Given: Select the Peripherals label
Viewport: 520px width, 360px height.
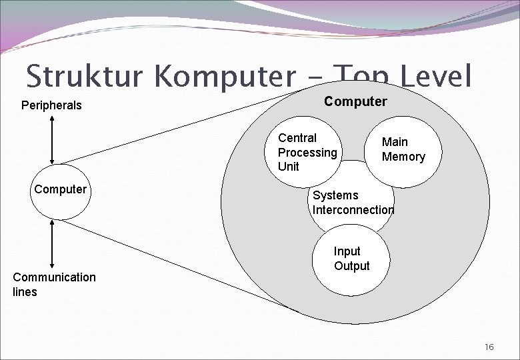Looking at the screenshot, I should pos(51,105).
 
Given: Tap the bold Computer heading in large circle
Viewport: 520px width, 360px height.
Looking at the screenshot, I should pos(355,101).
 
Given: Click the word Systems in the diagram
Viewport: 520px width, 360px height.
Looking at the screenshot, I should pos(335,195).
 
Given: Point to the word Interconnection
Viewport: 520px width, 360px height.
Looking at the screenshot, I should pos(353,209).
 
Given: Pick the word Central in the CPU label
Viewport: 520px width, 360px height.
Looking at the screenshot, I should pos(297,138).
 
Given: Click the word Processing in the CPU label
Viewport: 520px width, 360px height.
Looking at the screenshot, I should pos(307,152).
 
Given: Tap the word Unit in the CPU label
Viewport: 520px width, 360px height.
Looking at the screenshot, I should pos(289,166).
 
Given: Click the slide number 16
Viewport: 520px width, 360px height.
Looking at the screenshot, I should pos(489,347).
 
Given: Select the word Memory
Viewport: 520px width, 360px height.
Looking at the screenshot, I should pos(403,157).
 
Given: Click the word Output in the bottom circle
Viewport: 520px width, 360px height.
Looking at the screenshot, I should pos(351,265).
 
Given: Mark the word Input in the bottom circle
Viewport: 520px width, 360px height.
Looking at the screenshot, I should pos(347,251).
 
